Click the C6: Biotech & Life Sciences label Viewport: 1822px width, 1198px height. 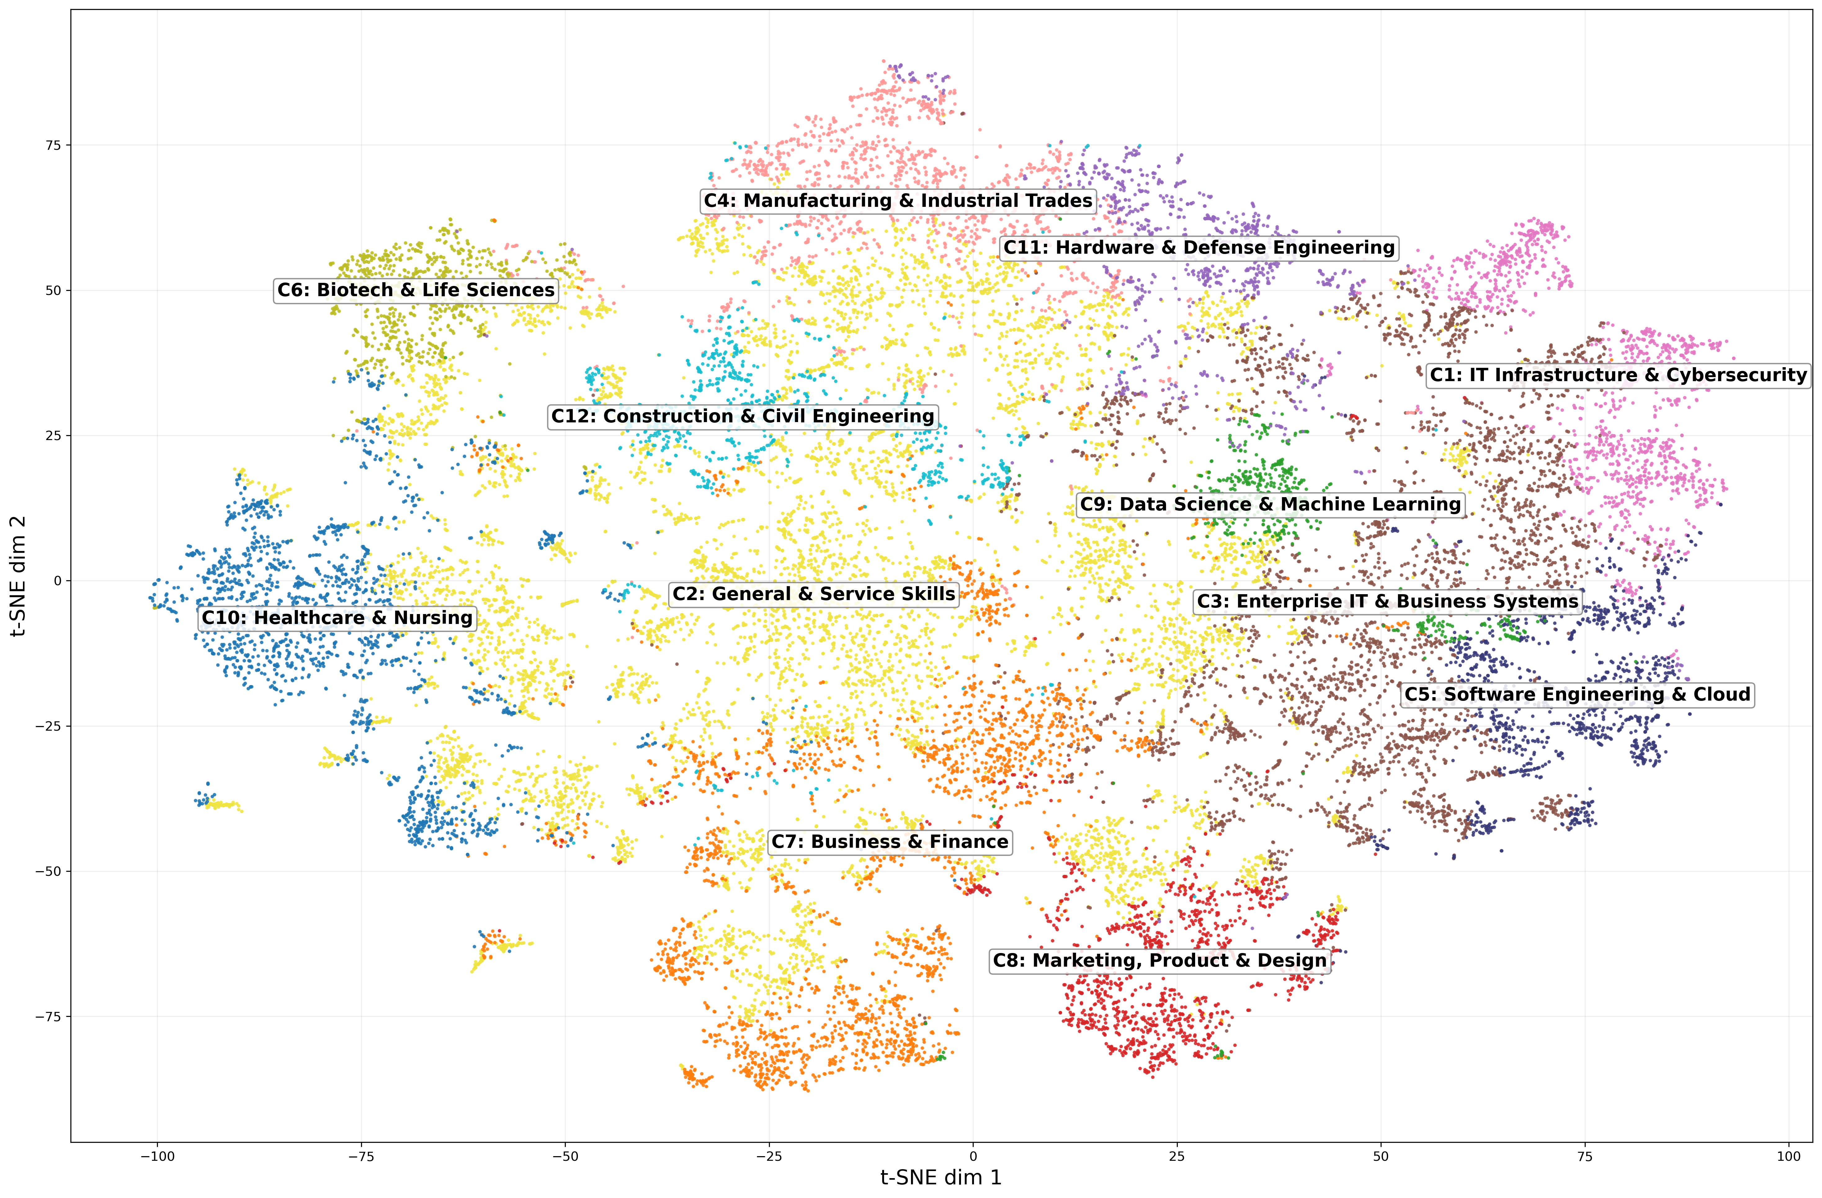416,290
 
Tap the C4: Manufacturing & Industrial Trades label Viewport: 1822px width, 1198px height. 898,201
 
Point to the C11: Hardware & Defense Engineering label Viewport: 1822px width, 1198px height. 1199,247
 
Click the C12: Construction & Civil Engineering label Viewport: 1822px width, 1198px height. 743,416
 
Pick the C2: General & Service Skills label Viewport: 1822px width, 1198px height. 814,594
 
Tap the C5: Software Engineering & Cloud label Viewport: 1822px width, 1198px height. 1577,694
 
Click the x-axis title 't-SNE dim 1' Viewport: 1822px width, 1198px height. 941,1177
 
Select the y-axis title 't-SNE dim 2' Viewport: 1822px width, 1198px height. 18,576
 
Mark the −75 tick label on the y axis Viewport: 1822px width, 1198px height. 49,1017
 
